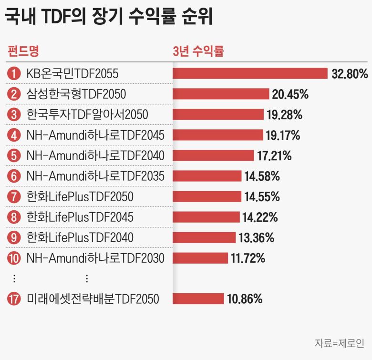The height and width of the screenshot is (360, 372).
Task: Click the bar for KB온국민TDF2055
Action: [250, 73]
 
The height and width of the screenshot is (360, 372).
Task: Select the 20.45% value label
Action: [290, 94]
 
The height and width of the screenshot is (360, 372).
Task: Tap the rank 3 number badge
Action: [14, 115]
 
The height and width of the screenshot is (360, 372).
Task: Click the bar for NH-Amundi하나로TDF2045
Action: [217, 135]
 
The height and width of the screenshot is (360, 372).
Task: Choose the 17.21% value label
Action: [274, 155]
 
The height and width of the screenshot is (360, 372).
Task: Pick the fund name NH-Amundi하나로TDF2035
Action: [95, 176]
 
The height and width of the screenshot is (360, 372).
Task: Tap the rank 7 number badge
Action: [14, 196]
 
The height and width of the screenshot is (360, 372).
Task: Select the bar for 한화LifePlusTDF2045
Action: [206, 217]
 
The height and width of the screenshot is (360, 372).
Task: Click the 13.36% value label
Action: [256, 237]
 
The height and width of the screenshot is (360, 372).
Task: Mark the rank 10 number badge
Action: [14, 258]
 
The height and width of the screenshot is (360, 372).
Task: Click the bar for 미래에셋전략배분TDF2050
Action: [198, 299]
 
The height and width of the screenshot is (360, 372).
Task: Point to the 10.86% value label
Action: [244, 299]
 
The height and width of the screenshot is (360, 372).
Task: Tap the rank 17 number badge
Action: [14, 299]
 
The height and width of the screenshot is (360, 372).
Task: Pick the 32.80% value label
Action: [350, 74]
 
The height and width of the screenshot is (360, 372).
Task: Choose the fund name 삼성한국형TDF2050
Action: [76, 94]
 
